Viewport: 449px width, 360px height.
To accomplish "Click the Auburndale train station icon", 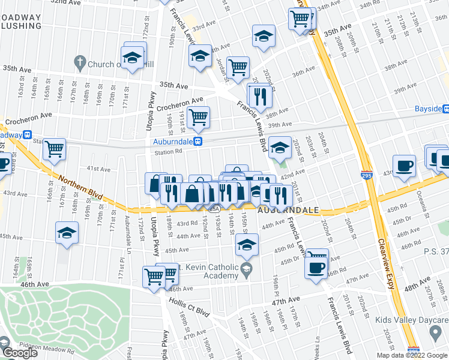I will [204, 142].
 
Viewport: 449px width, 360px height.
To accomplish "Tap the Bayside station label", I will [427, 109].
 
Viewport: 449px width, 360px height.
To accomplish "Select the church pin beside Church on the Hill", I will [79, 62].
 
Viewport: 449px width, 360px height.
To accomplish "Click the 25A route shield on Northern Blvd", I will [214, 209].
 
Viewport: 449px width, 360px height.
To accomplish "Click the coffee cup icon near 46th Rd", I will [316, 268].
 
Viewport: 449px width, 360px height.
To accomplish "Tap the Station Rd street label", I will [169, 152].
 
